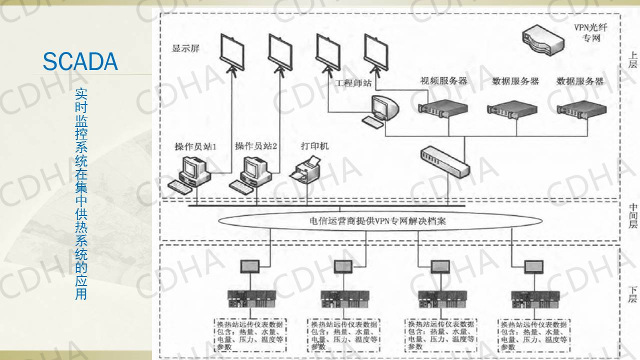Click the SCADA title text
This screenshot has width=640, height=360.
80,61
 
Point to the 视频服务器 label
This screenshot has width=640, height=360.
443,80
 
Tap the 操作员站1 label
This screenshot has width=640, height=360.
195,146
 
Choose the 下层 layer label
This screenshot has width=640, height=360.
632,294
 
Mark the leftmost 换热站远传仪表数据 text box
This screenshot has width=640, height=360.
249,335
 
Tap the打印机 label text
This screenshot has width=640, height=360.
314,146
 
